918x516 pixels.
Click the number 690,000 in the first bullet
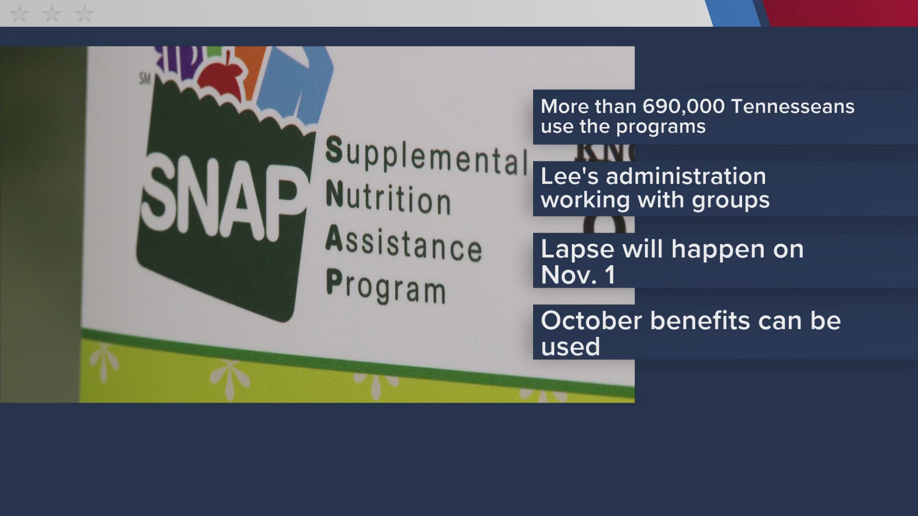click(x=683, y=107)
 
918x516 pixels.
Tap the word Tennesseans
click(x=793, y=107)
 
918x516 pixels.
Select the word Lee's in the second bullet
click(x=570, y=176)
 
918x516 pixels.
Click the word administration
click(x=686, y=176)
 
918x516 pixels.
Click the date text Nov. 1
click(x=578, y=275)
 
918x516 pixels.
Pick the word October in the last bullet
click(x=591, y=321)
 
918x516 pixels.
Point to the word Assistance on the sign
click(x=404, y=244)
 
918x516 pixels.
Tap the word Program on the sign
click(x=386, y=286)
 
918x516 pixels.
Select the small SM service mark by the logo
click(x=145, y=78)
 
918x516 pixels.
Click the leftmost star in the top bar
click(x=19, y=14)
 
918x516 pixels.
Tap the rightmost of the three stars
click(x=84, y=14)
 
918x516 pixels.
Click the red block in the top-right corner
click(x=841, y=13)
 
